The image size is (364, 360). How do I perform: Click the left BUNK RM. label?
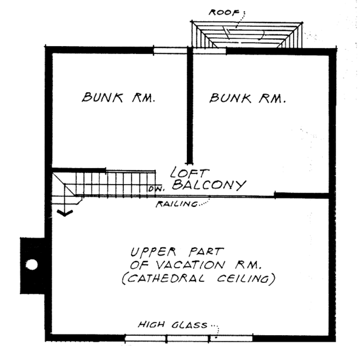click(x=118, y=97)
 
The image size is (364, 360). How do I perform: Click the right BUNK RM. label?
click(x=248, y=98)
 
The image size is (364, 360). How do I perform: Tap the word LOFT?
click(x=190, y=173)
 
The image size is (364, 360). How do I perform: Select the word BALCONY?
click(x=209, y=185)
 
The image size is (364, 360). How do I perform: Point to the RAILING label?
click(x=177, y=204)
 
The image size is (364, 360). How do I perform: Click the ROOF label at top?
click(x=224, y=12)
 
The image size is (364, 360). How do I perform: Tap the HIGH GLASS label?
click(x=173, y=324)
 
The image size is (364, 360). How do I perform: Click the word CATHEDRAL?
click(x=163, y=279)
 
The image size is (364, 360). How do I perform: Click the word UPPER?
click(x=153, y=252)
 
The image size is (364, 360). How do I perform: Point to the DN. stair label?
click(x=157, y=189)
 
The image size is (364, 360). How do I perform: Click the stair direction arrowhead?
click(x=65, y=212)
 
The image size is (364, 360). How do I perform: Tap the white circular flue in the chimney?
click(x=32, y=265)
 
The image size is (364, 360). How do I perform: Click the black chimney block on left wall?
click(x=33, y=266)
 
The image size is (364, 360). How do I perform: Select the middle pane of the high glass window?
click(x=187, y=338)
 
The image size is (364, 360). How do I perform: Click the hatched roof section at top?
click(x=247, y=35)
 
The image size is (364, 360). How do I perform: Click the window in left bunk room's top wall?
click(x=170, y=50)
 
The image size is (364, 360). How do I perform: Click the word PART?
click(x=206, y=252)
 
